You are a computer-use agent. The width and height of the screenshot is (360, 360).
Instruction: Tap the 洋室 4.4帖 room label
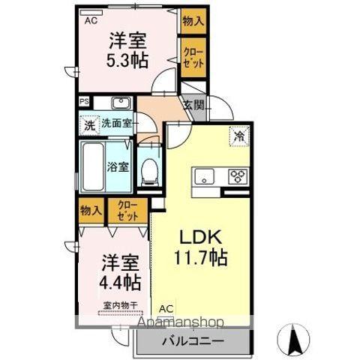(x=120, y=273)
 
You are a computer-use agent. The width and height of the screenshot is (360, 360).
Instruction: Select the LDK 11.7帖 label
(x=199, y=246)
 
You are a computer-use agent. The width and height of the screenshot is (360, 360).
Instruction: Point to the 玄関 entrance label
(x=193, y=106)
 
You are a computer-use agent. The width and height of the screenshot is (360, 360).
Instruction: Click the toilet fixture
(x=148, y=171)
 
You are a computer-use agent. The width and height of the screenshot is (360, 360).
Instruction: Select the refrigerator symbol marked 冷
(x=238, y=136)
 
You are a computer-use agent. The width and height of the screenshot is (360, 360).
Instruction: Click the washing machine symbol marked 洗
(x=89, y=126)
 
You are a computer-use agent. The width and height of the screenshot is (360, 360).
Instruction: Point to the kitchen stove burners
(x=238, y=177)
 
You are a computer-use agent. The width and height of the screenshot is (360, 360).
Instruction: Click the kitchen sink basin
(x=203, y=177)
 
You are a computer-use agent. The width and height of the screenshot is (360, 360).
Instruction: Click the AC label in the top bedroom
(x=90, y=21)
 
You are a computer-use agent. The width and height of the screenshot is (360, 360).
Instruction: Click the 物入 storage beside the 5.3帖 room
(x=193, y=21)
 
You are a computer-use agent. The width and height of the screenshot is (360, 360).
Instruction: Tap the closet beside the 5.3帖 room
(x=193, y=58)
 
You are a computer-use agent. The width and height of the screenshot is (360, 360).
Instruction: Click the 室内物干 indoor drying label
(x=119, y=304)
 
